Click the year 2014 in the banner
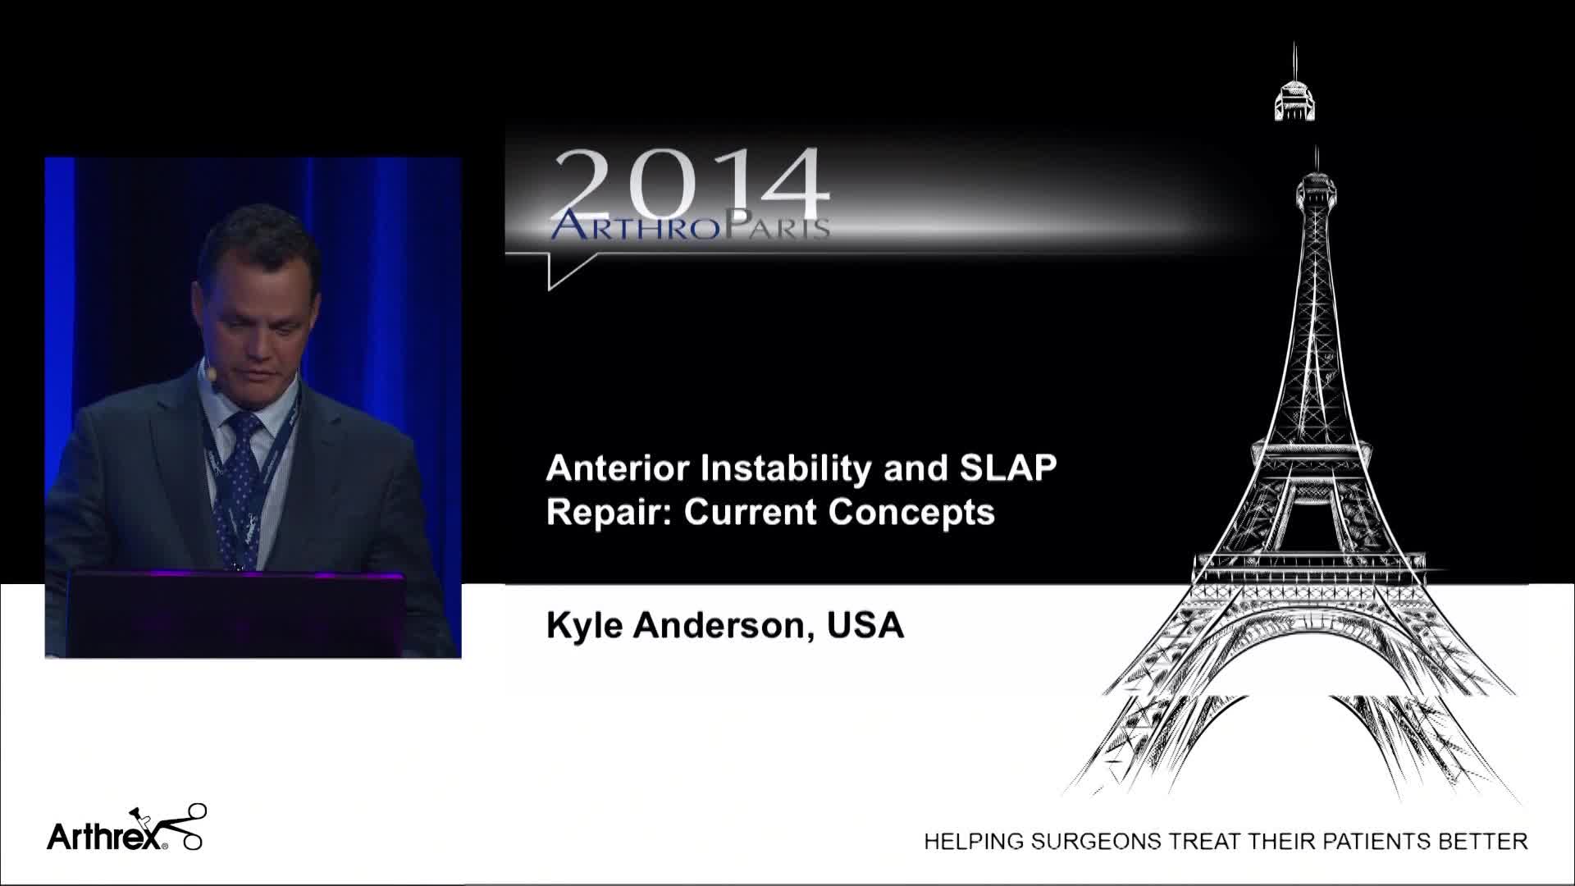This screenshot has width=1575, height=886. [x=691, y=185]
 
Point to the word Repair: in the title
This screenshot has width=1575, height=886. [x=609, y=512]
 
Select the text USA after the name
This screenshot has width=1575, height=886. [x=866, y=625]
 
